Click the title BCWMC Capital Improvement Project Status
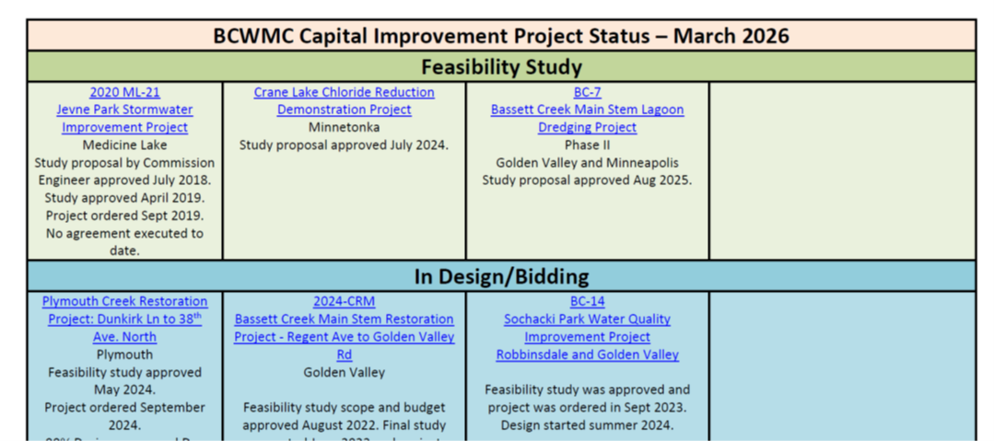[x=501, y=36]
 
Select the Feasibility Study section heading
[x=501, y=67]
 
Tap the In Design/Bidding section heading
[x=501, y=276]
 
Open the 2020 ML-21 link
[x=124, y=92]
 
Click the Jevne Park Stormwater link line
[x=124, y=110]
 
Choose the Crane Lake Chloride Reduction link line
[x=344, y=92]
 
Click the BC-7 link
[x=587, y=92]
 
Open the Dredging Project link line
[x=587, y=127]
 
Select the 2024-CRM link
[x=344, y=301]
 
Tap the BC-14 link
[x=587, y=301]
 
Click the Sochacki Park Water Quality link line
[x=587, y=319]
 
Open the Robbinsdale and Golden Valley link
[x=587, y=354]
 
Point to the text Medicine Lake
[x=124, y=145]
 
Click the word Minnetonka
[x=344, y=127]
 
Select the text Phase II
[x=587, y=145]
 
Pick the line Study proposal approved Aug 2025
[x=587, y=180]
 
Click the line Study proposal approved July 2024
[x=344, y=145]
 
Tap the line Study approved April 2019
[x=124, y=198]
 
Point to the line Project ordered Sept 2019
[x=124, y=215]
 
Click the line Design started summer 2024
[x=587, y=424]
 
